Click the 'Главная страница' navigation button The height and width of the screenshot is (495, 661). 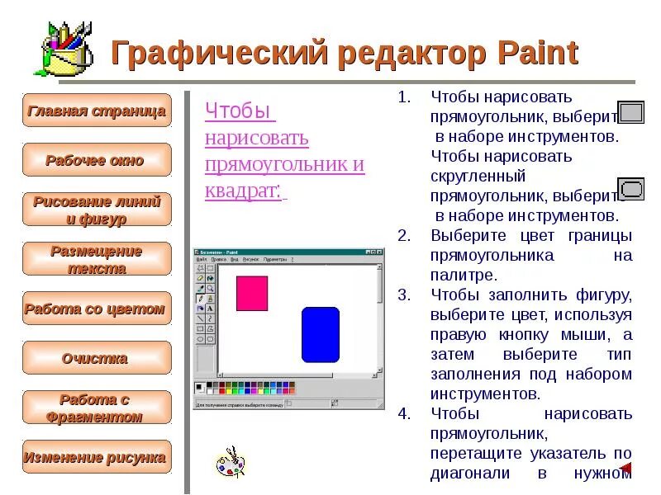click(97, 111)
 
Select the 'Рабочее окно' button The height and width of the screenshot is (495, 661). click(97, 160)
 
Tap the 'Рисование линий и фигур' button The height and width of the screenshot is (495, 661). click(97, 210)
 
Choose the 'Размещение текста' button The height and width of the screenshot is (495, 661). click(97, 259)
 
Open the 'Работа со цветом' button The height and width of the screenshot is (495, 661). click(97, 309)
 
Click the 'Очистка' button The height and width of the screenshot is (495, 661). click(97, 358)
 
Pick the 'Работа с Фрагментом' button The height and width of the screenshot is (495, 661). click(97, 408)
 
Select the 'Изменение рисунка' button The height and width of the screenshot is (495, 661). click(97, 457)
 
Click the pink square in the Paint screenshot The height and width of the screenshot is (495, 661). click(252, 292)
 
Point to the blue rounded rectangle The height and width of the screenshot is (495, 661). click(321, 334)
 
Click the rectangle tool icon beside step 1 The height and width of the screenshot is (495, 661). click(631, 113)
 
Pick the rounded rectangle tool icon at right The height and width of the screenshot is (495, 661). click(631, 189)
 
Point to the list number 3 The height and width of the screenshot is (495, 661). click(403, 295)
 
